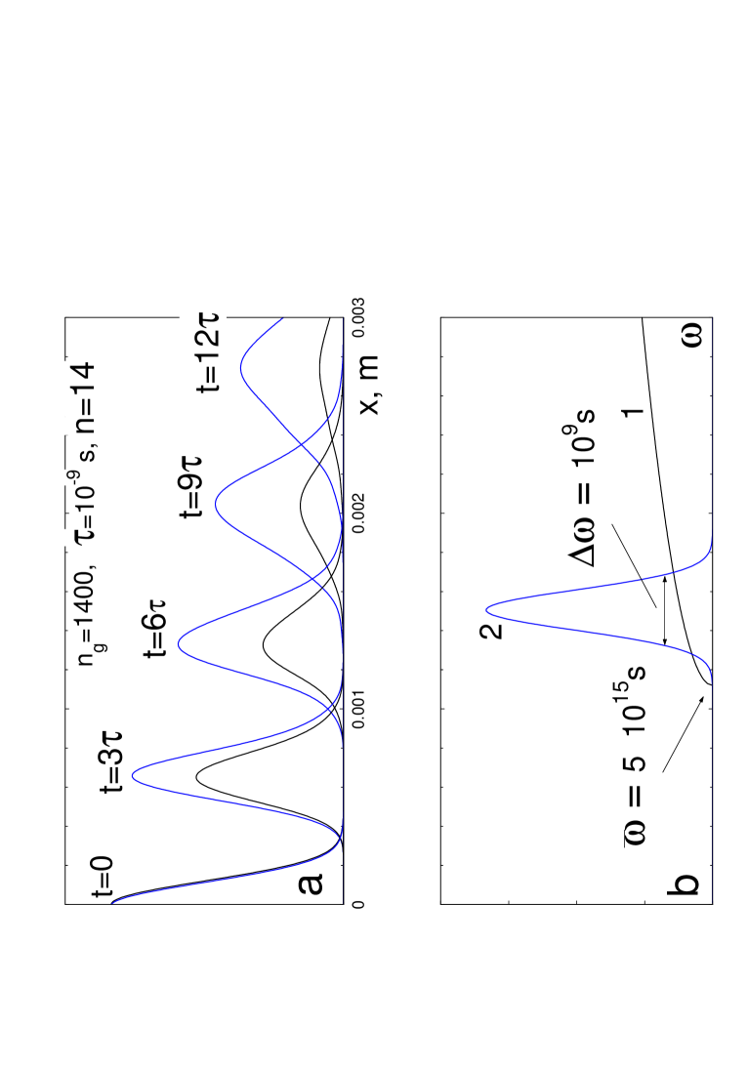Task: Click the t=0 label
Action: point(102,876)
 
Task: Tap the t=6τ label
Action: point(154,629)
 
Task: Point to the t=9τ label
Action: point(190,487)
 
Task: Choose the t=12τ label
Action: point(207,353)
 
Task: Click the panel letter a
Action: point(307,884)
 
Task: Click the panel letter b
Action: point(684,884)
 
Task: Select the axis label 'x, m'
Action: point(366,385)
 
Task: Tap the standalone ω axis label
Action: point(686,336)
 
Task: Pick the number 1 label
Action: point(633,412)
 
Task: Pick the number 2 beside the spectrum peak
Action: point(491,631)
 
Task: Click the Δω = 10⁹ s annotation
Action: point(581,488)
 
